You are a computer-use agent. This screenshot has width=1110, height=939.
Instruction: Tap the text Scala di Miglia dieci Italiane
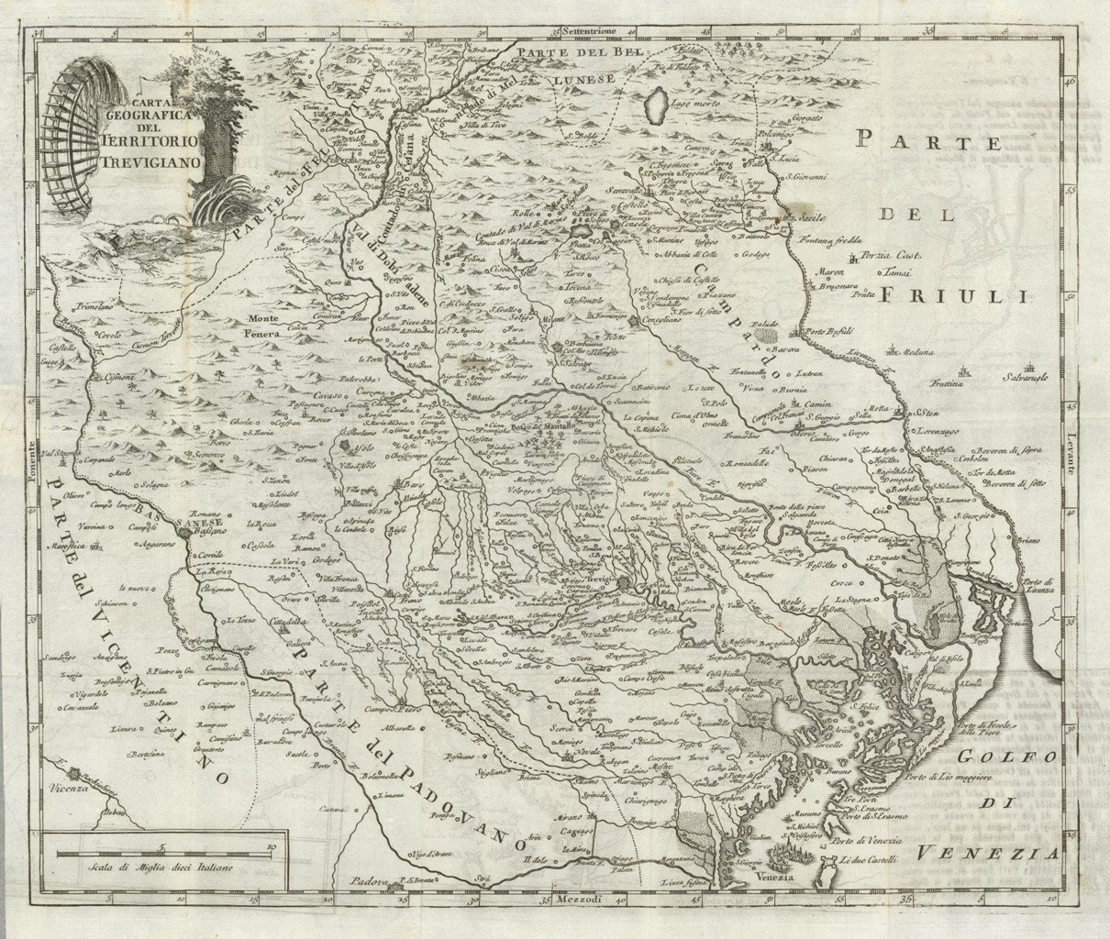[156, 866]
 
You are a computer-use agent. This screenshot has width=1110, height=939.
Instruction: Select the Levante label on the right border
[1070, 455]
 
